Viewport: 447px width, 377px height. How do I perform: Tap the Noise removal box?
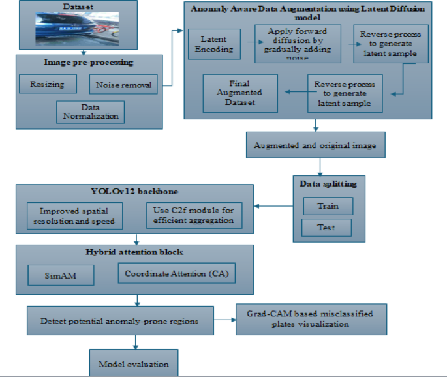pos(123,84)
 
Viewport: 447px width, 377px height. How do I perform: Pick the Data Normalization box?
pos(90,112)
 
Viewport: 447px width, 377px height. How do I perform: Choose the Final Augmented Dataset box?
pos(240,93)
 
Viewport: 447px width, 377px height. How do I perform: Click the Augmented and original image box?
pos(316,145)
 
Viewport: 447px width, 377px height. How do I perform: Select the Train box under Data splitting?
pos(328,206)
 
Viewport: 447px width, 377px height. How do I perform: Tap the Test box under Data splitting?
pos(326,227)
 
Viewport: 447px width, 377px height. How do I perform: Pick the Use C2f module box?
pos(193,215)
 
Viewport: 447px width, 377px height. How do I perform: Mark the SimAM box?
pos(61,275)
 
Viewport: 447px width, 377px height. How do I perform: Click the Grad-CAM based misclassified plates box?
pos(311,319)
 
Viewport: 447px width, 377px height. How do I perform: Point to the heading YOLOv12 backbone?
pos(134,192)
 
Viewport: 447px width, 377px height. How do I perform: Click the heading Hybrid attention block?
pos(135,251)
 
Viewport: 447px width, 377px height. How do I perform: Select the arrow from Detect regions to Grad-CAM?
pos(224,320)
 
